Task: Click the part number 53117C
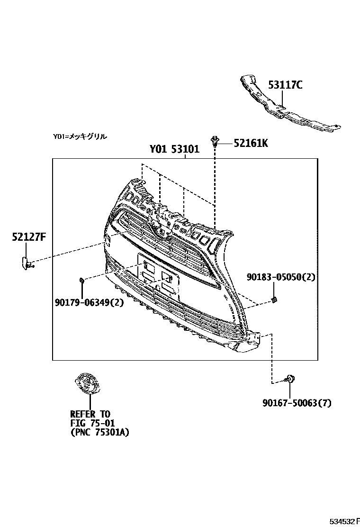(285, 85)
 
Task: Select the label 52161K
(251, 143)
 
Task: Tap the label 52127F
(29, 237)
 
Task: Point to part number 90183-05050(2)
(280, 277)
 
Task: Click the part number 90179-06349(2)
(89, 302)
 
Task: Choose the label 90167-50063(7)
(297, 403)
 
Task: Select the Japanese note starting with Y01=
(80, 136)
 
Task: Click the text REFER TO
(90, 414)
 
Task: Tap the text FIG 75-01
(92, 423)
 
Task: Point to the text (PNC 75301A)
(99, 432)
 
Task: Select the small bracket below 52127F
(26, 262)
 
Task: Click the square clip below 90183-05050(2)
(274, 299)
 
